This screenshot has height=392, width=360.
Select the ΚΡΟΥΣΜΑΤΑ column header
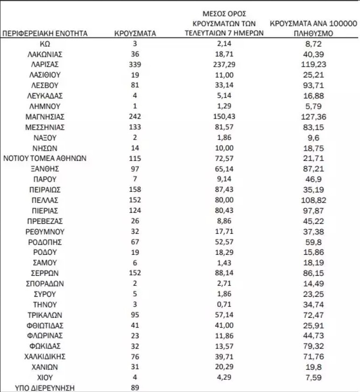pos(135,34)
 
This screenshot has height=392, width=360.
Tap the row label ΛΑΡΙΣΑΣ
pos(45,64)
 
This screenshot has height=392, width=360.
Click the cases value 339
pos(135,64)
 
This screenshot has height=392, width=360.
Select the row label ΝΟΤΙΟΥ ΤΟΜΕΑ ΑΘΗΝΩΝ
pos(45,158)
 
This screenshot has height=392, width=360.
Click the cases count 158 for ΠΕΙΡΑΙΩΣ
pos(135,190)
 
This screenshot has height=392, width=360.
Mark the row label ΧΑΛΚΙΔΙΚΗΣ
pos(45,357)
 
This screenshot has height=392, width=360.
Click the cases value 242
pos(135,117)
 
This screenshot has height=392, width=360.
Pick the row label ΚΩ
pos(45,43)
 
